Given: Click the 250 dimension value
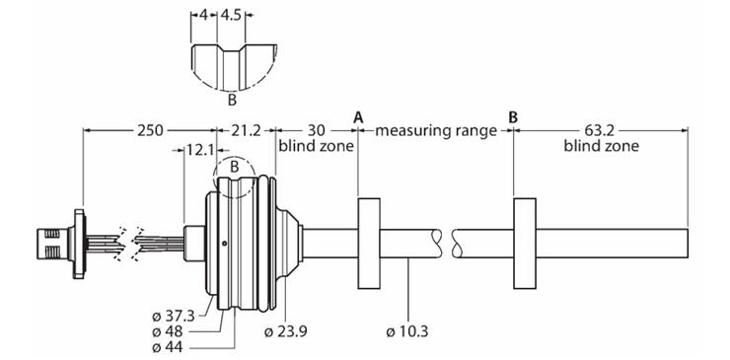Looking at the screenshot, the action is (x=149, y=130).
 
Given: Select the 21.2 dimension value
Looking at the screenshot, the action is (x=247, y=130).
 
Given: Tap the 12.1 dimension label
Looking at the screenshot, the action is (x=200, y=150).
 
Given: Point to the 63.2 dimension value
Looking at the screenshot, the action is (x=600, y=130).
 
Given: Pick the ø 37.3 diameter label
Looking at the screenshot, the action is (x=174, y=317).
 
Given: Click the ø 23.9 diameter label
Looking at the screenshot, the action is (x=285, y=331).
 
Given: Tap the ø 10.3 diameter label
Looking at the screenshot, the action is (x=407, y=331).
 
